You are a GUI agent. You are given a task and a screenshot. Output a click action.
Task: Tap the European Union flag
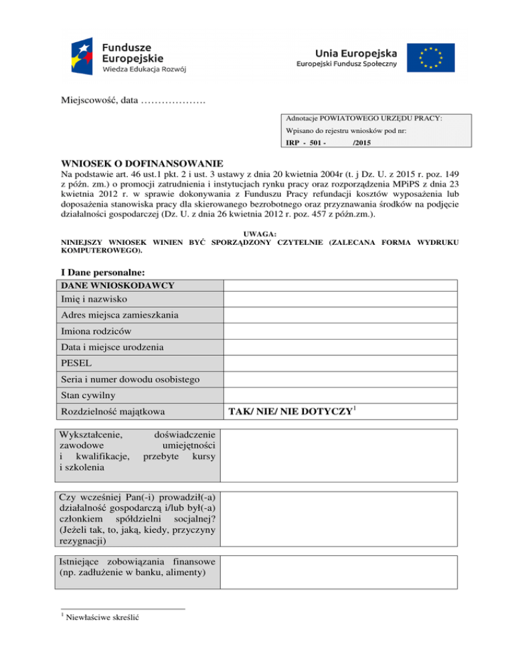(x=436, y=58)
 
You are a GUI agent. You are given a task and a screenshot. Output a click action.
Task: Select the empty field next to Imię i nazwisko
(x=340, y=298)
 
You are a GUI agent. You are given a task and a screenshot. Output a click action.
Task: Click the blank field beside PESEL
(x=340, y=363)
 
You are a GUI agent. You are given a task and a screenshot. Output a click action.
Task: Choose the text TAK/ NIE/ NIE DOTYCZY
(x=289, y=412)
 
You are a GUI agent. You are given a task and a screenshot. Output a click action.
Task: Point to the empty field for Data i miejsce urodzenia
(x=340, y=347)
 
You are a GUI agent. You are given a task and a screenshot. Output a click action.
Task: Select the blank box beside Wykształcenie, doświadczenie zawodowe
(x=340, y=455)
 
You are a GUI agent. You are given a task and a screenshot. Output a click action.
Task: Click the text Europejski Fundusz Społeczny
(x=347, y=64)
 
